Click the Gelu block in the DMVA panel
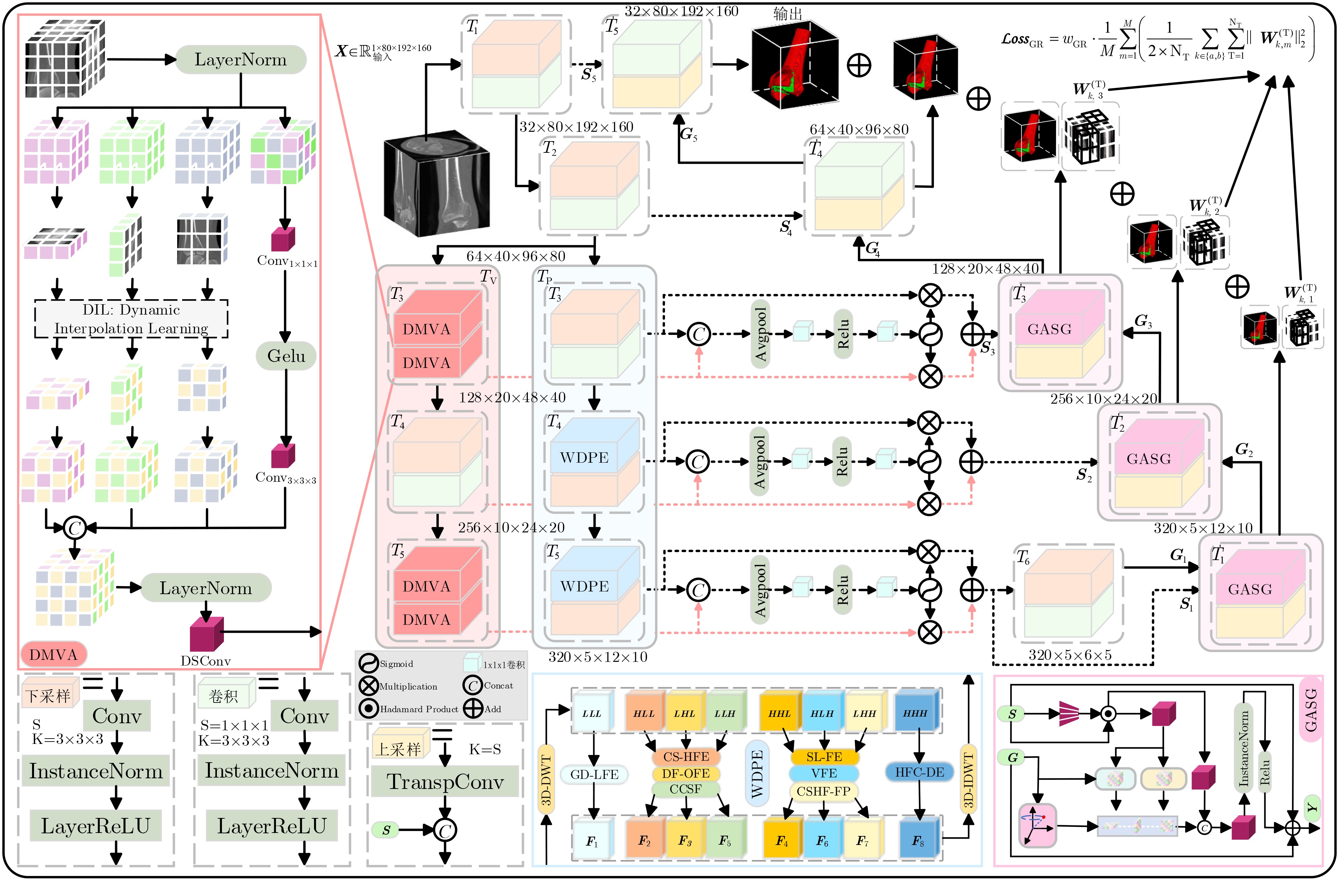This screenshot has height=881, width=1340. [x=286, y=356]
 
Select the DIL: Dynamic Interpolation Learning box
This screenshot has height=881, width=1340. [x=131, y=319]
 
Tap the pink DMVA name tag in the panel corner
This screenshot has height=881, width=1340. [x=53, y=654]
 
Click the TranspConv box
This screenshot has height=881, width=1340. [x=445, y=781]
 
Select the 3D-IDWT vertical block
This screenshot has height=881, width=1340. [x=968, y=779]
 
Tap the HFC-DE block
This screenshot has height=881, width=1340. [x=920, y=772]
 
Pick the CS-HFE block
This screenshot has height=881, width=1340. [x=686, y=757]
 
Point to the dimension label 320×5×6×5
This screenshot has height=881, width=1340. [x=1070, y=655]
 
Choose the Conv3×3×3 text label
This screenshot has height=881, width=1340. [x=286, y=478]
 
